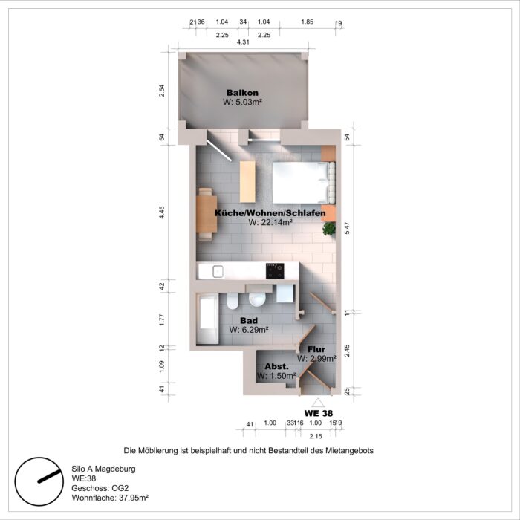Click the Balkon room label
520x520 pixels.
(242, 93)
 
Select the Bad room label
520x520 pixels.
(248, 320)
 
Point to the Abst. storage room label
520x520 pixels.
(276, 367)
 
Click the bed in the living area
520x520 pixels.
(301, 181)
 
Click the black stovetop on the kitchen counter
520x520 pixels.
(275, 270)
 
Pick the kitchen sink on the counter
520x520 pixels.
(217, 270)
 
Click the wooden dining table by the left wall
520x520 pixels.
(207, 214)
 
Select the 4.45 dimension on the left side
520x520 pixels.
(161, 214)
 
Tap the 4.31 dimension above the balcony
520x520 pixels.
(242, 42)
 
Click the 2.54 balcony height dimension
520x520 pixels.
(161, 91)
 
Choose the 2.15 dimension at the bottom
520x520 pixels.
(316, 435)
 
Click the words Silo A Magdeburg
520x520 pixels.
(103, 469)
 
